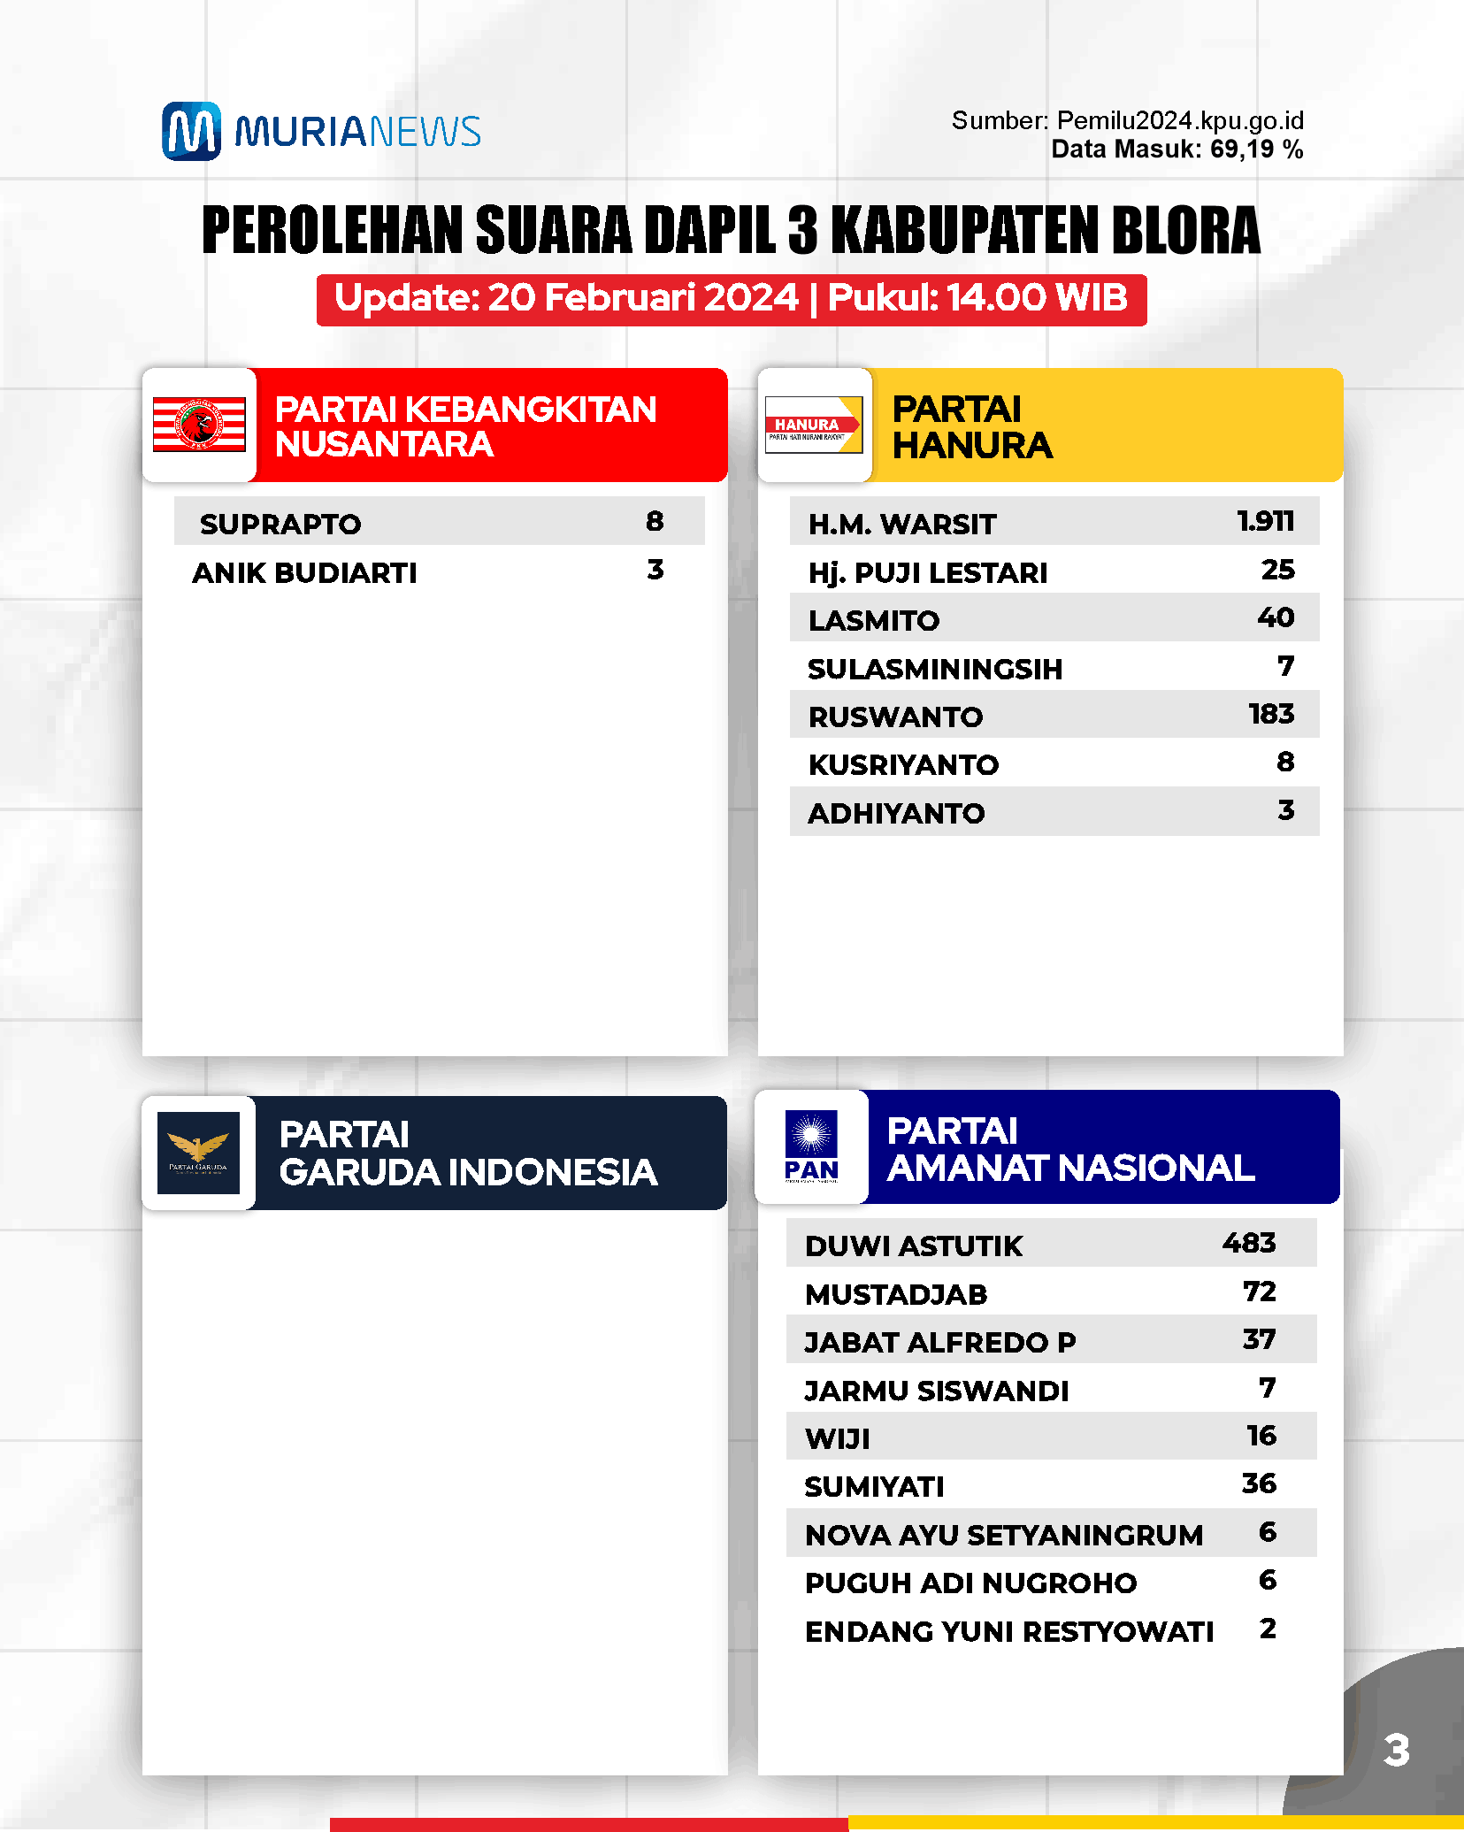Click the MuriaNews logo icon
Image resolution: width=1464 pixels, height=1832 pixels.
click(x=191, y=131)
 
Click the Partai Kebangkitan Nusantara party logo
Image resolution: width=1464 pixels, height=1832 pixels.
click(x=199, y=425)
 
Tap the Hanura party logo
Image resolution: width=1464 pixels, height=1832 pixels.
click(x=813, y=425)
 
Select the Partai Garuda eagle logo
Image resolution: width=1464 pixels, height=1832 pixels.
click(x=198, y=1152)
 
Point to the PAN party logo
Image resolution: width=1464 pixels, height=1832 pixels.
click(x=811, y=1146)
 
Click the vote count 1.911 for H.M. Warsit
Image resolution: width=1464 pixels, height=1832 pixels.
click(x=1265, y=521)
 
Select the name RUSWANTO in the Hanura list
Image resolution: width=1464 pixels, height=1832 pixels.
click(x=895, y=717)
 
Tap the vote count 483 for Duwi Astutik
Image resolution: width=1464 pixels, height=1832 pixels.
click(x=1249, y=1243)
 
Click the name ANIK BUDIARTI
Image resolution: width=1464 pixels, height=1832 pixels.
click(x=304, y=572)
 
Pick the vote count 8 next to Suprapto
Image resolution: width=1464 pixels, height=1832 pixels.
click(x=655, y=521)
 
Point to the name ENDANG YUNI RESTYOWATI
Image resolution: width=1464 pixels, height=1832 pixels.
click(x=1009, y=1631)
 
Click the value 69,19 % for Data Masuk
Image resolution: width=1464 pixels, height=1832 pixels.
click(x=1256, y=149)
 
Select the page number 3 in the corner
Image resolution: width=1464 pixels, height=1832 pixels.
click(x=1396, y=1750)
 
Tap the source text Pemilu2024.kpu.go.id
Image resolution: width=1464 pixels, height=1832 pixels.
click(x=1180, y=120)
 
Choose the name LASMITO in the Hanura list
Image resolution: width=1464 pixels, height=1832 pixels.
click(x=874, y=620)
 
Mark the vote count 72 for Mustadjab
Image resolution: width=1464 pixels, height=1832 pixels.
click(x=1260, y=1292)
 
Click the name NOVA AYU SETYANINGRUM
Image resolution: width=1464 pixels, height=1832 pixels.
click(x=1004, y=1535)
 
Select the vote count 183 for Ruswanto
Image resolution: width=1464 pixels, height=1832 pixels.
click(x=1271, y=714)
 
